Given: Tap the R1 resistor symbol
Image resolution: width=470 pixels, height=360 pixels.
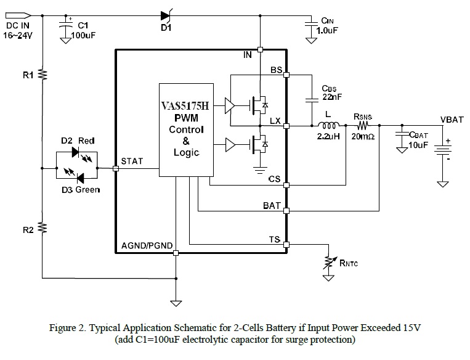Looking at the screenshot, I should click(43, 74).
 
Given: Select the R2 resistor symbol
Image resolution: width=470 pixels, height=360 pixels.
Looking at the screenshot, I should click(43, 227).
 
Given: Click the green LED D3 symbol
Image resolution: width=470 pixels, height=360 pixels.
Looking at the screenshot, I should click(78, 178).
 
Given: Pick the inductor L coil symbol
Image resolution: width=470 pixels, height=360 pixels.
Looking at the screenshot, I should click(326, 126).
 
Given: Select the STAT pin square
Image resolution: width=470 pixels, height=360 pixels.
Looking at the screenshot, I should click(115, 167).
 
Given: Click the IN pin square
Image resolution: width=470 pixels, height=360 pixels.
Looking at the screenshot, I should click(260, 49).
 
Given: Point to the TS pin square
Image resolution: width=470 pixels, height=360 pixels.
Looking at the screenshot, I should click(287, 244).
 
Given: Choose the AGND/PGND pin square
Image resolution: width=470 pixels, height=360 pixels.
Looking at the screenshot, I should click(176, 253).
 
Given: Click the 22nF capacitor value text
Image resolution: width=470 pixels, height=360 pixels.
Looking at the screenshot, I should click(331, 97).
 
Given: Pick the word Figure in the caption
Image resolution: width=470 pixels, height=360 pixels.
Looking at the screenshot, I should click(63, 328).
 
